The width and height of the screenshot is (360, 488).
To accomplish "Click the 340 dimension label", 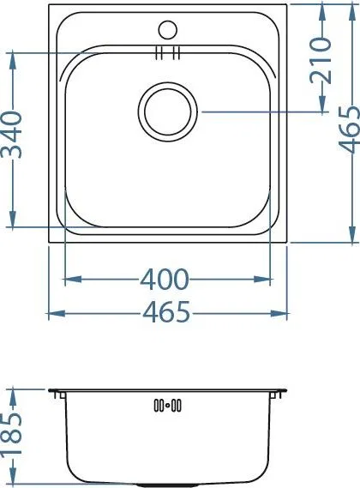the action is click(x=13, y=135).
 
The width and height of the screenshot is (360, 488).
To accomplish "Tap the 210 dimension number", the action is click(x=321, y=60).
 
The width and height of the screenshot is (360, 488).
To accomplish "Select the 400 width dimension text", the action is click(x=165, y=280).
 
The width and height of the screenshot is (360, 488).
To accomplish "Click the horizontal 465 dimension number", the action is click(x=165, y=311).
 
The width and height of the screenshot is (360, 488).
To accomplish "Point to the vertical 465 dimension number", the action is click(x=350, y=130).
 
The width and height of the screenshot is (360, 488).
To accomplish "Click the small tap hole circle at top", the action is click(x=168, y=30).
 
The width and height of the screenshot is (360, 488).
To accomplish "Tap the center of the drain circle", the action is click(x=168, y=111).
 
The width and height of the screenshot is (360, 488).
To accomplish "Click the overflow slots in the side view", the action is click(x=168, y=406).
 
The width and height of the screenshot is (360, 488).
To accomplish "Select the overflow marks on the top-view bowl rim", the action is click(x=167, y=52).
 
